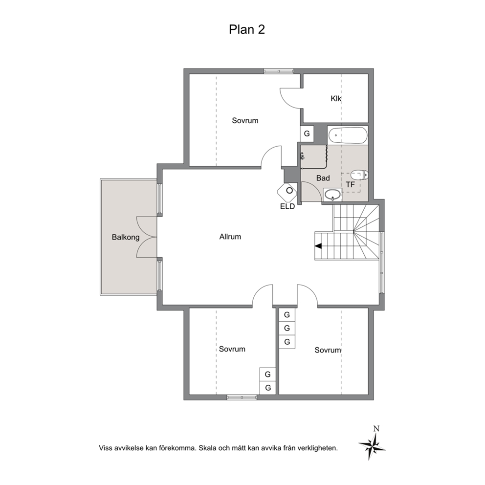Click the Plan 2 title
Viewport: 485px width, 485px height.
[x=247, y=29]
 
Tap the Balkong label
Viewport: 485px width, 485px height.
[x=126, y=237]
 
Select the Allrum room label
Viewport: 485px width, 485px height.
[x=230, y=237]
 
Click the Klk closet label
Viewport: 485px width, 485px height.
[x=336, y=99]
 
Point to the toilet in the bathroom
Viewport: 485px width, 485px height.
[x=360, y=175]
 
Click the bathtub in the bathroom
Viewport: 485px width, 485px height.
[x=348, y=135]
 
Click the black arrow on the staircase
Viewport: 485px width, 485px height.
[x=318, y=246]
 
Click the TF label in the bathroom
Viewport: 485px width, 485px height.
[x=350, y=185]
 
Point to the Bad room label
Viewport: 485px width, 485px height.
[x=323, y=178]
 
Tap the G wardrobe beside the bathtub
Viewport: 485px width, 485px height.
[x=307, y=133]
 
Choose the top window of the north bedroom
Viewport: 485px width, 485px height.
[x=278, y=71]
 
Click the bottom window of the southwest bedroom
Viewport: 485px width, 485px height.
[x=242, y=397]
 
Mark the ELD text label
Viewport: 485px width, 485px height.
[x=287, y=207]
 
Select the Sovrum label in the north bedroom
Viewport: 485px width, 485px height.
[x=245, y=120]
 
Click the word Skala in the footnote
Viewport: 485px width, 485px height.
[x=208, y=447]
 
